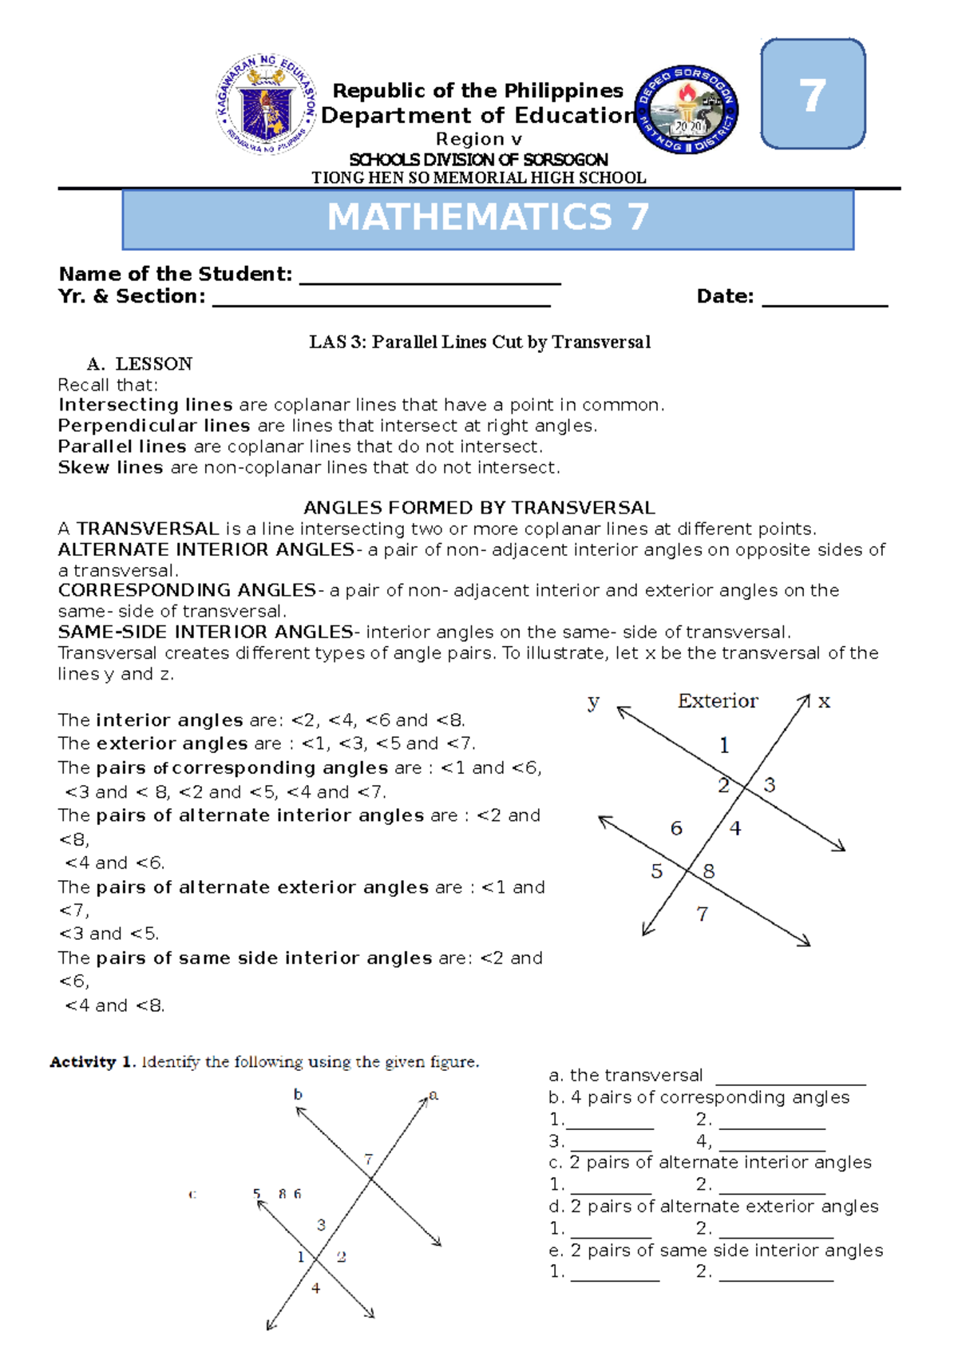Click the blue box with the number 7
coord(813,94)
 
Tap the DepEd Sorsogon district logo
coord(687,109)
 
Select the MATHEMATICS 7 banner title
coord(488,218)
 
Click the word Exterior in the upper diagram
coord(717,701)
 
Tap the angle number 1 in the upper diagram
coord(724,746)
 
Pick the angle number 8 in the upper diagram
coord(709,871)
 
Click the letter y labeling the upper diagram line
coord(593,702)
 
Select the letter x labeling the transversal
coord(824,702)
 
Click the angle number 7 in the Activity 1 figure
coord(368,1159)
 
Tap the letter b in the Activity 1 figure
coord(298,1094)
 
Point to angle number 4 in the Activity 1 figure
coord(316,1288)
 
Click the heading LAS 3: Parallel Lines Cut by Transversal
coord(480,343)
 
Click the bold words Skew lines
coord(110,467)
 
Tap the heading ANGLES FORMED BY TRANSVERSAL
coord(479,508)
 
